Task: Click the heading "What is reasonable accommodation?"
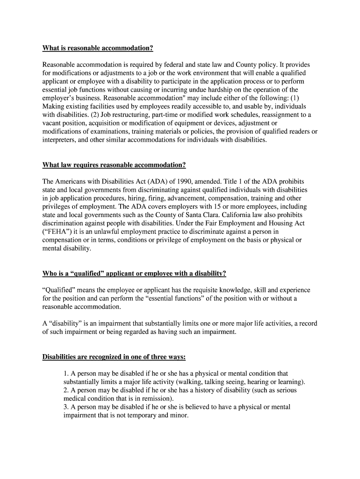(98, 48)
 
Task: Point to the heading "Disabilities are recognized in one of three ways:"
(114, 357)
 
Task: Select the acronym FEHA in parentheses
(56, 232)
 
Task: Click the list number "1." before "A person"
(66, 373)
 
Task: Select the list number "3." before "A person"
(66, 407)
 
